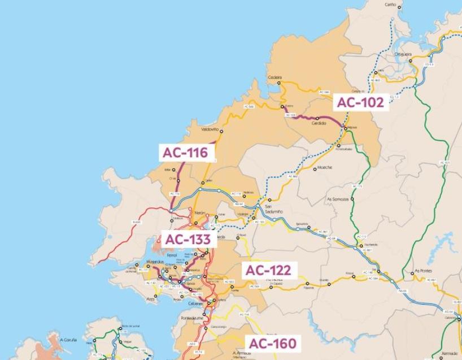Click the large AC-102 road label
coord(360,102)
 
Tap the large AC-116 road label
coord(186,152)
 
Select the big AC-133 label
coord(188,240)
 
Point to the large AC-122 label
coord(268,271)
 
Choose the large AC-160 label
coord(272,343)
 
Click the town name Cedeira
coord(275,77)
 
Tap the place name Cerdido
coord(319,123)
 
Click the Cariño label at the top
coord(390,5)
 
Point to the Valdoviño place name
coord(210,129)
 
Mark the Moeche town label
coord(325,168)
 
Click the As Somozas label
coord(337,199)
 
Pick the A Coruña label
coord(68,340)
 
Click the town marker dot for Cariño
coord(399,7)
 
